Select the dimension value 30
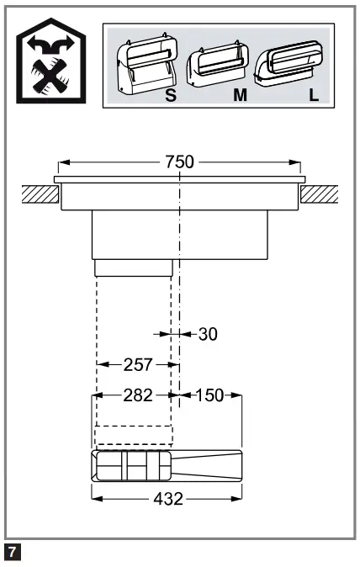[208, 334]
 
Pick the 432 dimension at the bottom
[167, 498]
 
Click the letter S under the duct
[171, 95]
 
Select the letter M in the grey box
[241, 95]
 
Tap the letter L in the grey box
[314, 95]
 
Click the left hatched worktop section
[40, 194]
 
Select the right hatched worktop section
[320, 194]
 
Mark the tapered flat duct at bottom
[167, 465]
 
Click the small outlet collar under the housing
[134, 268]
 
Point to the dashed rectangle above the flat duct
[134, 436]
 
